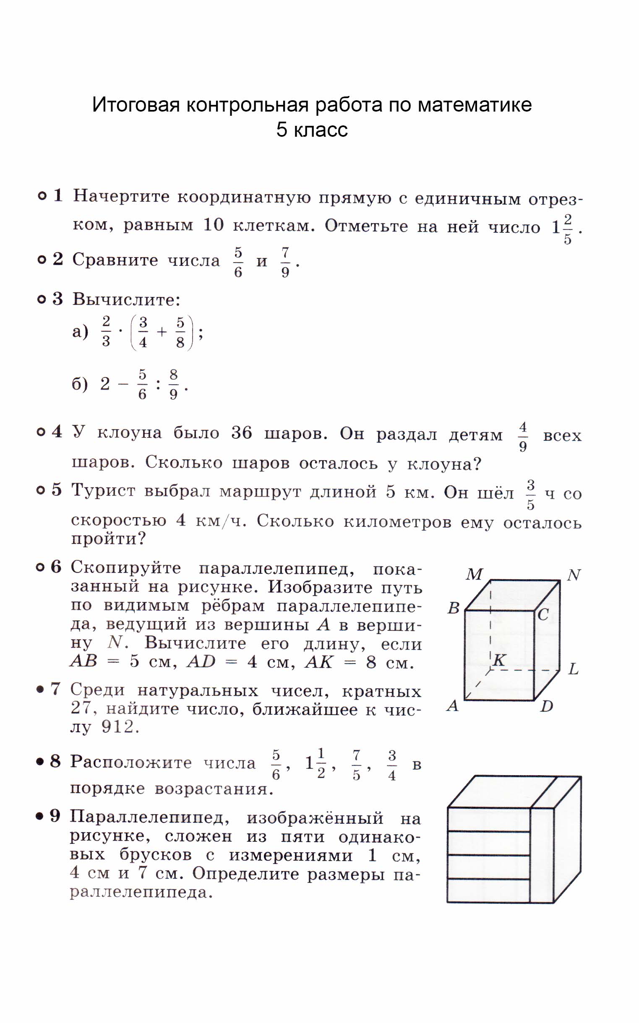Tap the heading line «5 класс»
(x=312, y=130)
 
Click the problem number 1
(x=58, y=195)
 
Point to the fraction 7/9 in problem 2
(x=285, y=262)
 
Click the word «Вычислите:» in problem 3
(x=126, y=299)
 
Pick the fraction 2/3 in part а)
(x=106, y=332)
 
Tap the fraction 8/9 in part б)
(x=173, y=384)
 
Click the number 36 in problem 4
(x=241, y=433)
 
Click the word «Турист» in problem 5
(x=103, y=491)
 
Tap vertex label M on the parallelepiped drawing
(x=474, y=575)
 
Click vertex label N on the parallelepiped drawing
(x=574, y=575)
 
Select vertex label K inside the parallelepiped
(x=500, y=660)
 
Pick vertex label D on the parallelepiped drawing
(x=546, y=706)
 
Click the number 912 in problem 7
(x=118, y=726)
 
